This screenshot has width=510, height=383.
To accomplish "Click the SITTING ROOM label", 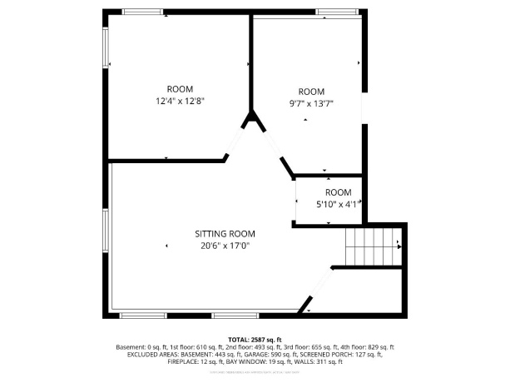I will pyautogui.click(x=225, y=234).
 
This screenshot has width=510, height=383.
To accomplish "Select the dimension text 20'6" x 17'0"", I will pyautogui.click(x=225, y=246).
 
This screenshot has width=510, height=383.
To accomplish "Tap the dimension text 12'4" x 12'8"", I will pyautogui.click(x=180, y=101).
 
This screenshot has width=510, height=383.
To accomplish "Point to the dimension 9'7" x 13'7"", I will pyautogui.click(x=311, y=103).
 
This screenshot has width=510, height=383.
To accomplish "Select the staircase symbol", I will pyautogui.click(x=373, y=246).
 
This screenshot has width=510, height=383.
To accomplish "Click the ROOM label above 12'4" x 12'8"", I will pyautogui.click(x=180, y=89).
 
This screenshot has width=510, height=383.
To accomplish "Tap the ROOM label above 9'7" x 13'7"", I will pyautogui.click(x=311, y=92).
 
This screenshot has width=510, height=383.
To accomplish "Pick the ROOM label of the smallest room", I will pyautogui.click(x=339, y=192).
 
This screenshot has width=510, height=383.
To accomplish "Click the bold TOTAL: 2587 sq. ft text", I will pyautogui.click(x=255, y=340).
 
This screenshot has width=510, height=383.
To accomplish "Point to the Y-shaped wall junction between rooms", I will pyautogui.click(x=252, y=122).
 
